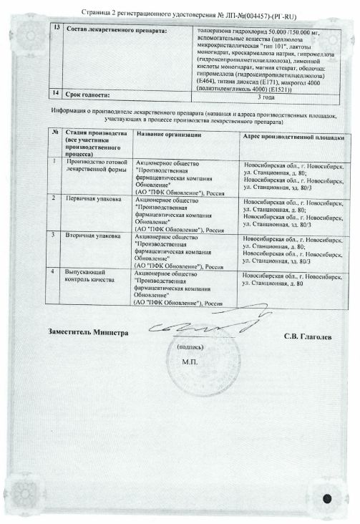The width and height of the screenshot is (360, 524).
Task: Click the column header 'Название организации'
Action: (169, 135)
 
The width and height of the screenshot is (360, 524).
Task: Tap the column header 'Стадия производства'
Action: (85, 134)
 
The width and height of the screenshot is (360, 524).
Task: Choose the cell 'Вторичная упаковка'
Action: (92, 236)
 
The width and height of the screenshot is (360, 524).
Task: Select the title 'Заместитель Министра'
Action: (87, 333)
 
